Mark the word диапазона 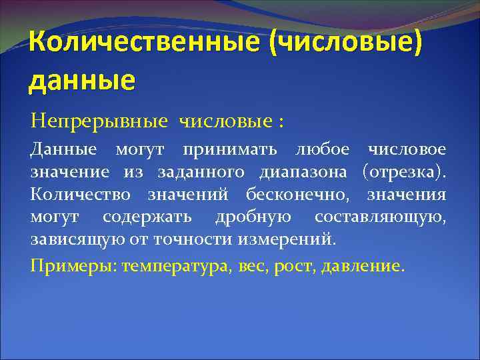click(304, 173)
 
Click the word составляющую click(380, 217)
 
